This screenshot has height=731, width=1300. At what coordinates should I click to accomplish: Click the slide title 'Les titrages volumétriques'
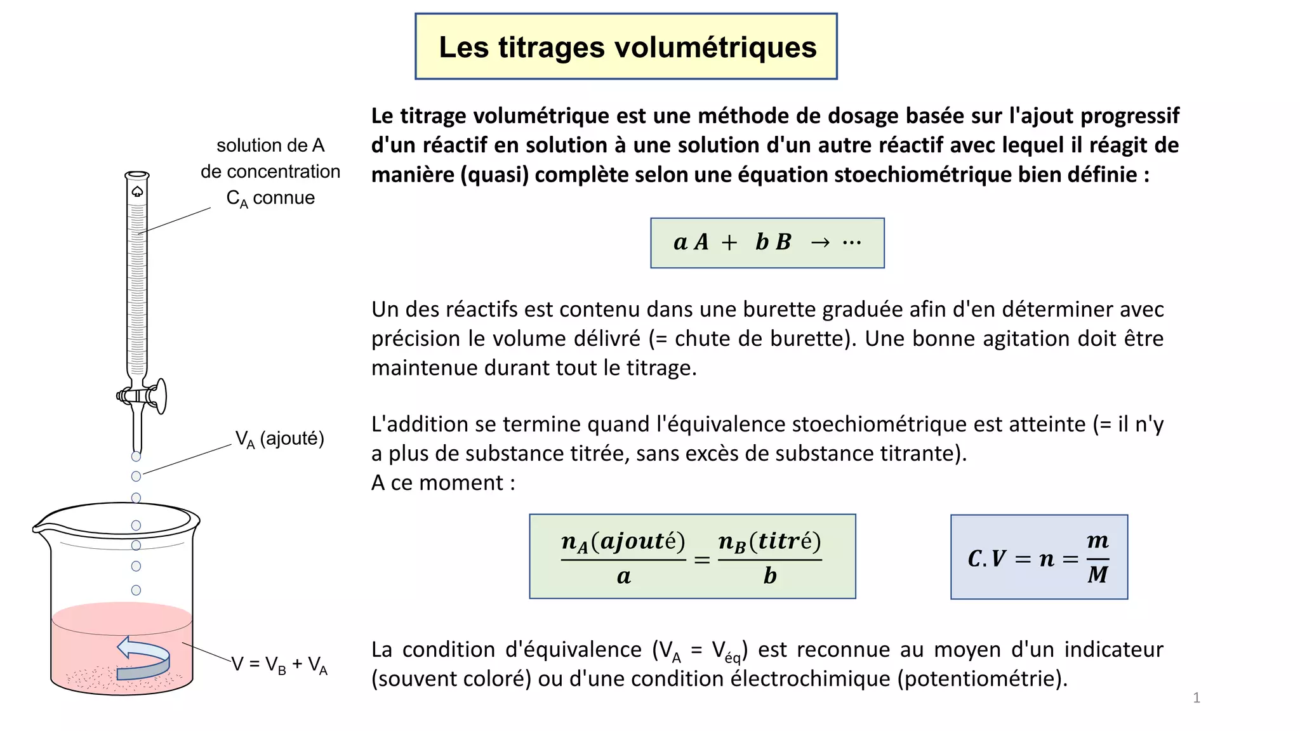(x=627, y=48)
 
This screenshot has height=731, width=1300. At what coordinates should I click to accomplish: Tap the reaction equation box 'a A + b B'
(x=767, y=243)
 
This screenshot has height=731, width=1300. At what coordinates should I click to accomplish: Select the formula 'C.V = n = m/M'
(x=1038, y=557)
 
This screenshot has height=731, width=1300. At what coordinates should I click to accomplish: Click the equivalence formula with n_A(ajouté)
(x=692, y=556)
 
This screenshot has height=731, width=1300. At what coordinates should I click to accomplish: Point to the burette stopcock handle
(x=161, y=395)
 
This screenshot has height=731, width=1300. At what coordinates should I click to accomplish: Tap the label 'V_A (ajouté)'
(x=279, y=439)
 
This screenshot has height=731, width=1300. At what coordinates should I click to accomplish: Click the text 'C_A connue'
(x=270, y=199)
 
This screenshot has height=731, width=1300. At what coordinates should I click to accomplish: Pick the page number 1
(x=1196, y=698)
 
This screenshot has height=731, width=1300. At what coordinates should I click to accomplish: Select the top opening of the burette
(x=137, y=175)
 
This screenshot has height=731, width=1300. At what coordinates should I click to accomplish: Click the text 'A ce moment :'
(x=443, y=483)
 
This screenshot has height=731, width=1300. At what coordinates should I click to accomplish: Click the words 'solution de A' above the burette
(x=270, y=146)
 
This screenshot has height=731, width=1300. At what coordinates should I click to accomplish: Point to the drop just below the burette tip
(x=136, y=456)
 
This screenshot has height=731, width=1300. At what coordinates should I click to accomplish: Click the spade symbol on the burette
(x=137, y=192)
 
